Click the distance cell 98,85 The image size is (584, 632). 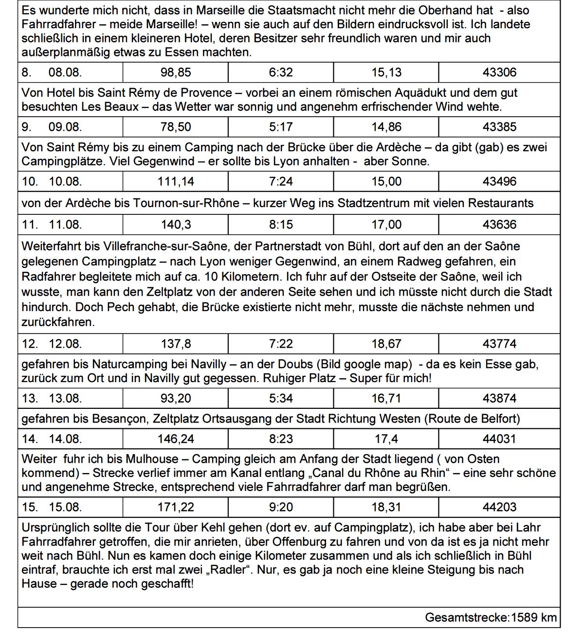click(176, 72)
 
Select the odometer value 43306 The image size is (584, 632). click(499, 72)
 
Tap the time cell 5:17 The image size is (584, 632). click(281, 127)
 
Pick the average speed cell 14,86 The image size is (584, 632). click(386, 127)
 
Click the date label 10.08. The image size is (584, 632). click(65, 181)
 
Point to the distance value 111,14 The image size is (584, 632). click(176, 181)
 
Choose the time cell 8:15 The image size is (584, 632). click(281, 224)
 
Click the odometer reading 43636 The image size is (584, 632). click(499, 224)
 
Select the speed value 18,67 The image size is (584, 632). click(386, 344)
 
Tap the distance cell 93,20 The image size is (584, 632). click(176, 398)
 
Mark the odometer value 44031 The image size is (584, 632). click(499, 439)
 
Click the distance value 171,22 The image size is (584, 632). click(176, 507)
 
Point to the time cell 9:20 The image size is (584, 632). click(281, 507)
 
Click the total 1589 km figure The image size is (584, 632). click(533, 617)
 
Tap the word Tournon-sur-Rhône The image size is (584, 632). click(186, 203)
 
